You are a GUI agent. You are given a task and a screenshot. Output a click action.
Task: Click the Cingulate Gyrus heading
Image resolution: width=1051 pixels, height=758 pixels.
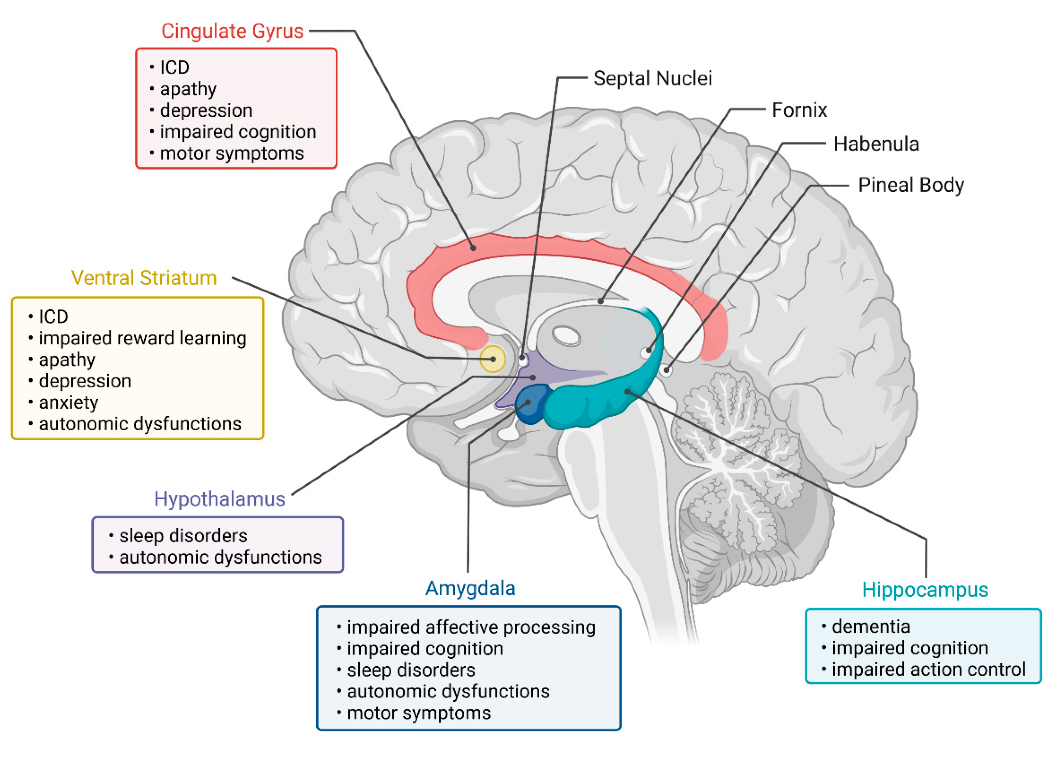[x=232, y=31]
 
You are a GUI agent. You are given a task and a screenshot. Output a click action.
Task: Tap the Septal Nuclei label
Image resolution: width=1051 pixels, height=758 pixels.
[x=652, y=78]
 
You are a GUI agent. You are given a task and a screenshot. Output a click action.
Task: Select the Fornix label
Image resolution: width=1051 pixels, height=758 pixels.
[x=799, y=110]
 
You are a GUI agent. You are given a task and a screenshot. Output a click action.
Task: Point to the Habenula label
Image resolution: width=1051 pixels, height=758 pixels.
[x=876, y=144]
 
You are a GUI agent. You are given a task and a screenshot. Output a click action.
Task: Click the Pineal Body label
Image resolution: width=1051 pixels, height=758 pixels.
[x=911, y=185]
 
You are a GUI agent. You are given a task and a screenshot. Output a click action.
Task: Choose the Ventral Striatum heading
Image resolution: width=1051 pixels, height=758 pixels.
[x=144, y=278]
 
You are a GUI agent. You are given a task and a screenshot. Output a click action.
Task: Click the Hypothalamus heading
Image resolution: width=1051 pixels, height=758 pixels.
[x=219, y=499]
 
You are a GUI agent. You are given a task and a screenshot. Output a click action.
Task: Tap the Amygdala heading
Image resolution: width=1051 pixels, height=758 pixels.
[x=470, y=588]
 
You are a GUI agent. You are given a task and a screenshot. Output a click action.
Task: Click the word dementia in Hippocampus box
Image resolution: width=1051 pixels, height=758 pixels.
[x=870, y=627]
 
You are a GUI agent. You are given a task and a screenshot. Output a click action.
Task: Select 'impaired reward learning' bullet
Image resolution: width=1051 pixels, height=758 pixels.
[x=142, y=338]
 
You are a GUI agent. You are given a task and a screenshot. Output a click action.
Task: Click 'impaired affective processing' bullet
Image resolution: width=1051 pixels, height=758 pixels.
[x=471, y=628]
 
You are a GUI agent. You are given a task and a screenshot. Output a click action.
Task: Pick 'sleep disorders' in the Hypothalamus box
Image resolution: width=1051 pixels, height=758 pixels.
[x=183, y=536]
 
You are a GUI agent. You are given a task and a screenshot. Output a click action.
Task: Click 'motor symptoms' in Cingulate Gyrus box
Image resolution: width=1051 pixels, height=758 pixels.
[x=232, y=154]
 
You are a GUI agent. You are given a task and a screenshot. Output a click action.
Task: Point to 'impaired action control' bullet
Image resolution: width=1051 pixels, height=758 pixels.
[x=928, y=670]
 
